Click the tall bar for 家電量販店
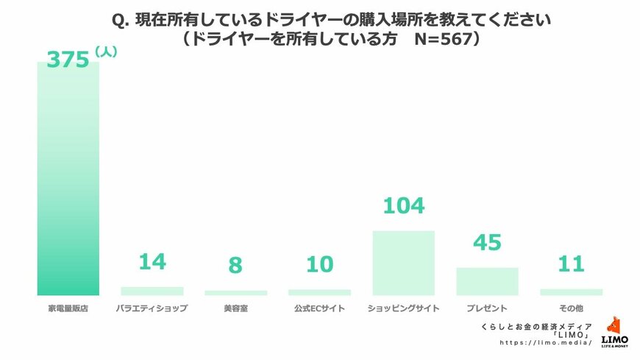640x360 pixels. pos(68,177)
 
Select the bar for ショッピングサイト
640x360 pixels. pos(403,263)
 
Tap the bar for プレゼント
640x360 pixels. pos(487,280)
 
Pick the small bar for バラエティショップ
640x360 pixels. pos(152,291)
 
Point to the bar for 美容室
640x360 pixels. pos(235,292)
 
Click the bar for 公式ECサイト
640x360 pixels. pos(319,292)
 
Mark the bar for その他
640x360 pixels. pos(571,292)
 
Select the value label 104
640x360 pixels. pos(403,206)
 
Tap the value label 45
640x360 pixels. pos(487,243)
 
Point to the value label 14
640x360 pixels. pos(152,261)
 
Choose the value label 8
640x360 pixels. pos(235,265)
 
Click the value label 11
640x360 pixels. pos(571,263)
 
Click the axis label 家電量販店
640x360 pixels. pos(68,308)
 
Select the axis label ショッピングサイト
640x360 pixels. pos(403,308)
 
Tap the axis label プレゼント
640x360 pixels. pos(487,308)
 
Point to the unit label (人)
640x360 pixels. pos(107,53)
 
